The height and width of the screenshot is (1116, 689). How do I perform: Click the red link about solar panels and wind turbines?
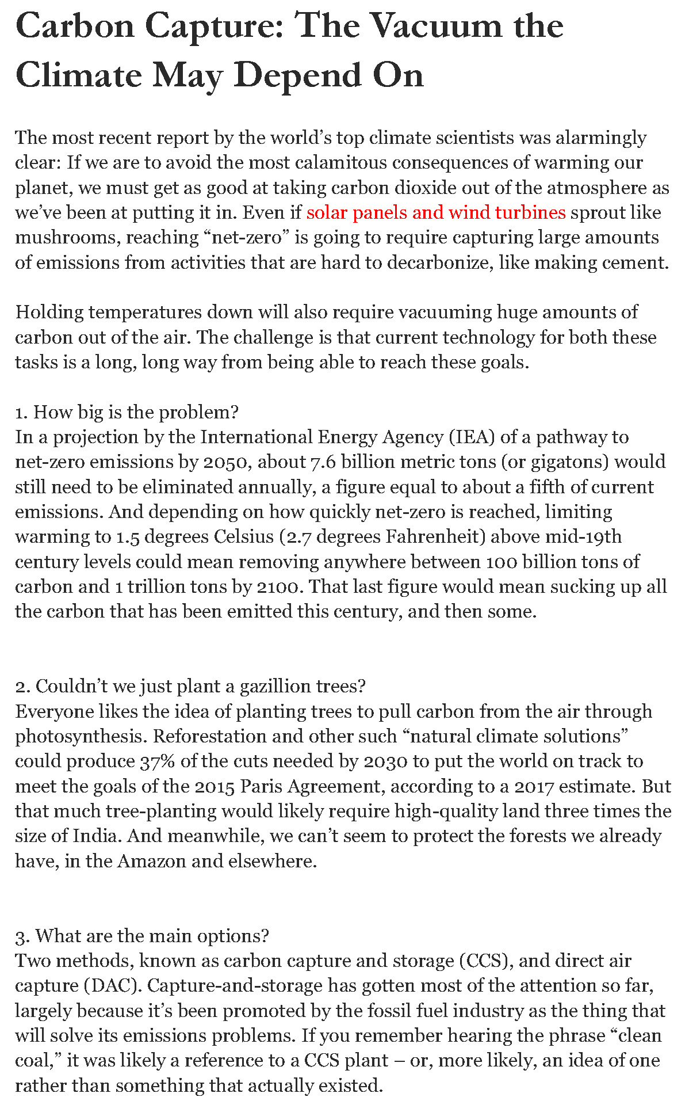tap(436, 213)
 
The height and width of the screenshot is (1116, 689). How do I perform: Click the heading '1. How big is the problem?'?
tap(127, 412)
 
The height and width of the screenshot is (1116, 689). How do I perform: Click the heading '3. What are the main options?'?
tap(142, 936)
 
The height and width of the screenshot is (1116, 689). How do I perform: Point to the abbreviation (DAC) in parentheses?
tap(113, 985)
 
